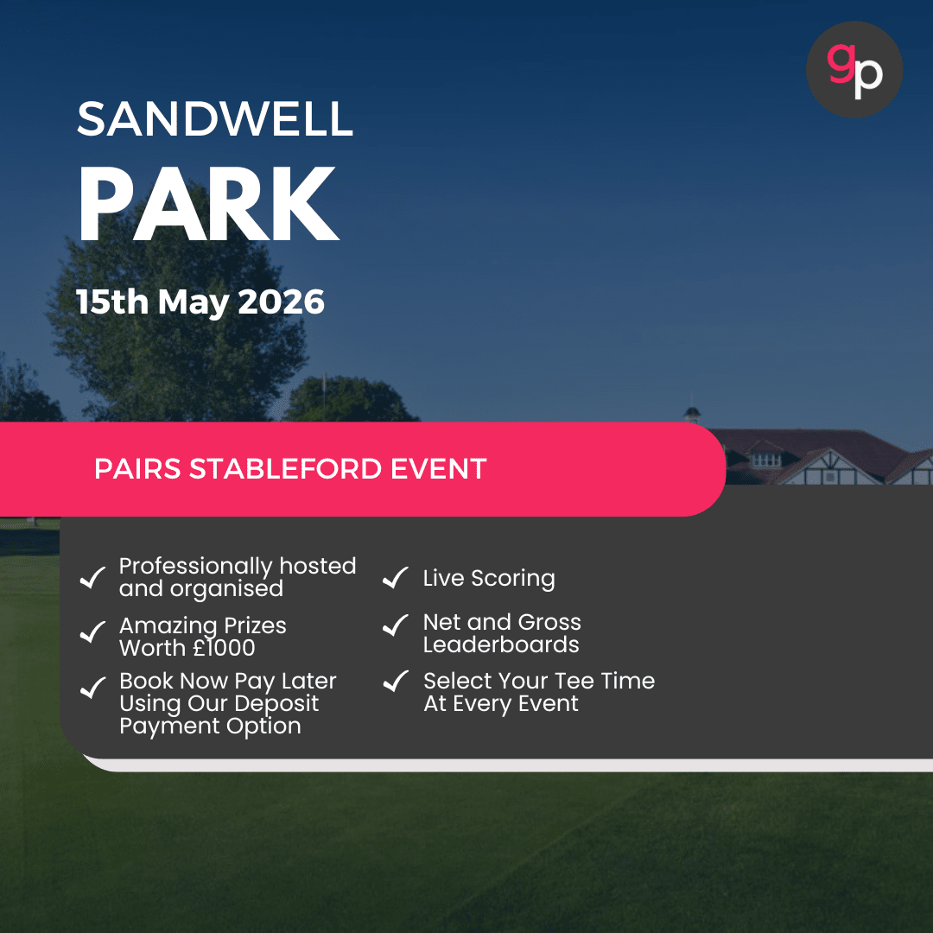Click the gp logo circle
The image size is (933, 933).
pyautogui.click(x=854, y=69)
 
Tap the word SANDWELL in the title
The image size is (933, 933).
pyautogui.click(x=215, y=119)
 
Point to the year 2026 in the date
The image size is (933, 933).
pyautogui.click(x=281, y=302)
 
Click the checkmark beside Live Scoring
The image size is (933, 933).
pyautogui.click(x=395, y=579)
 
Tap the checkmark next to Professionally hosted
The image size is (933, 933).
pyautogui.click(x=92, y=578)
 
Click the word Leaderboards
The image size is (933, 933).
pyautogui.click(x=501, y=644)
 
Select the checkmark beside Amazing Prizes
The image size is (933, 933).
pyautogui.click(x=92, y=633)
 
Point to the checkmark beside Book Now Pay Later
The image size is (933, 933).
pyautogui.click(x=92, y=689)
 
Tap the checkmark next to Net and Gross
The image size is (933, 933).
pyautogui.click(x=395, y=625)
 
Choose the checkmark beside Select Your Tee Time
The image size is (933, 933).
pyautogui.click(x=395, y=682)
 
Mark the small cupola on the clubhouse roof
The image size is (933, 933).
pyautogui.click(x=691, y=413)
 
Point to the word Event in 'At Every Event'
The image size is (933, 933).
pyautogui.click(x=548, y=703)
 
